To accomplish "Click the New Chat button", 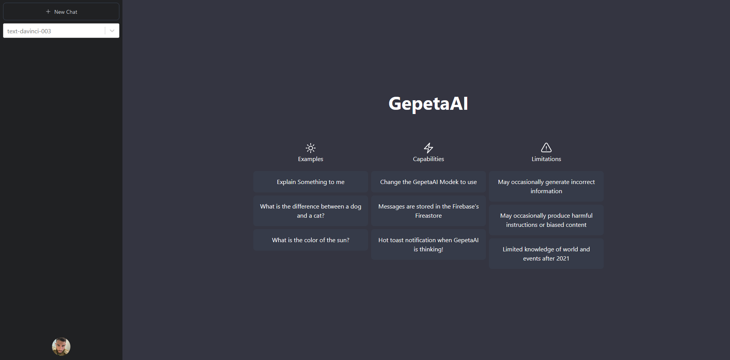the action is pyautogui.click(x=61, y=12).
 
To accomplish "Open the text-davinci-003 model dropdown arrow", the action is pyautogui.click(x=112, y=31).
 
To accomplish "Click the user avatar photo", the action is pyautogui.click(x=61, y=347).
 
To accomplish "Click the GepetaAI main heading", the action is pyautogui.click(x=428, y=103).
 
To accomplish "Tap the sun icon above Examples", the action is pyautogui.click(x=311, y=148).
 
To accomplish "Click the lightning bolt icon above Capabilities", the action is pyautogui.click(x=429, y=148).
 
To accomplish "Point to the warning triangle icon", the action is pyautogui.click(x=546, y=148).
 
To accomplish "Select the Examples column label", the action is pyautogui.click(x=311, y=159).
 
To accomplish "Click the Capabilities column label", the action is pyautogui.click(x=429, y=159).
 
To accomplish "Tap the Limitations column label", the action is pyautogui.click(x=546, y=159).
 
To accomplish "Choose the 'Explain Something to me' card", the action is pyautogui.click(x=311, y=182).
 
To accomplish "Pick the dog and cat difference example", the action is pyautogui.click(x=311, y=211).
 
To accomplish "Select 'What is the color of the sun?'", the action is pyautogui.click(x=311, y=240).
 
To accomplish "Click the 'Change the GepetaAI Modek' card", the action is pyautogui.click(x=429, y=182).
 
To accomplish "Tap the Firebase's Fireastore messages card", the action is pyautogui.click(x=429, y=211).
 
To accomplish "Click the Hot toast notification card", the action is pyautogui.click(x=429, y=245).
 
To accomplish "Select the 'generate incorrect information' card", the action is pyautogui.click(x=546, y=187).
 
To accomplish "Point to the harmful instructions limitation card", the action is pyautogui.click(x=546, y=220).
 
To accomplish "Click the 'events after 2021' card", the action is pyautogui.click(x=546, y=254).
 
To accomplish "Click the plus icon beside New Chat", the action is pyautogui.click(x=48, y=12).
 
